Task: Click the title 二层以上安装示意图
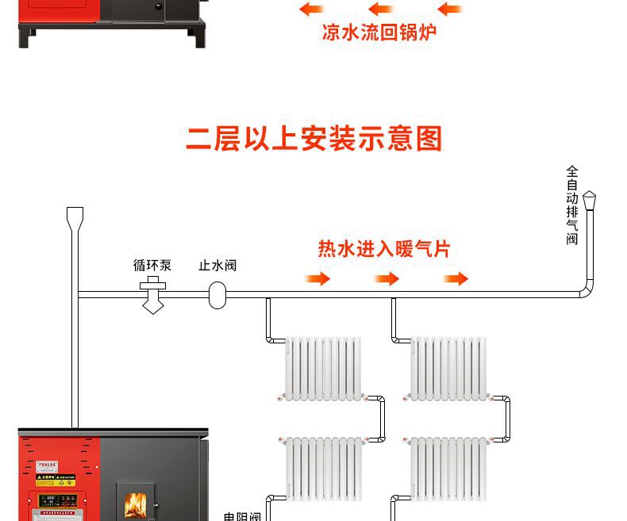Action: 313,138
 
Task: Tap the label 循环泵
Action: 152,265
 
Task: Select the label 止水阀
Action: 217,265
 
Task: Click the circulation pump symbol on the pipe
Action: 152,294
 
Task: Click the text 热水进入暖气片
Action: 383,249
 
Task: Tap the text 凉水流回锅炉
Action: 379,33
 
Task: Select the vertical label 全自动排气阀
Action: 572,205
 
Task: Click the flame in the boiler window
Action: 136,505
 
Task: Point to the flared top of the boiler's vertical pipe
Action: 75,216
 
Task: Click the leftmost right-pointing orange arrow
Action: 318,278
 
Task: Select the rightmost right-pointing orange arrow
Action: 456,278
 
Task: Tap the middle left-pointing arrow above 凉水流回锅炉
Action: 381,10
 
